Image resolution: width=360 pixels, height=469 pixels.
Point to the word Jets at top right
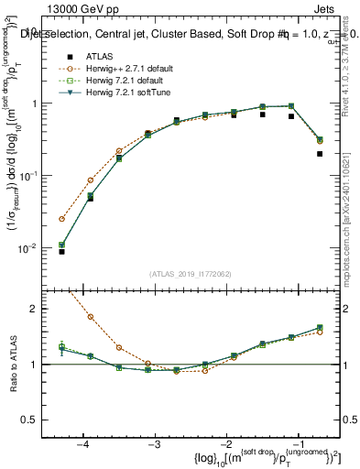tap(335, 8)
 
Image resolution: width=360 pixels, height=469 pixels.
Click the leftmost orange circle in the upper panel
tap(62, 219)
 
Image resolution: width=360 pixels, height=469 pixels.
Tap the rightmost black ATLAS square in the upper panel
tap(320, 154)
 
